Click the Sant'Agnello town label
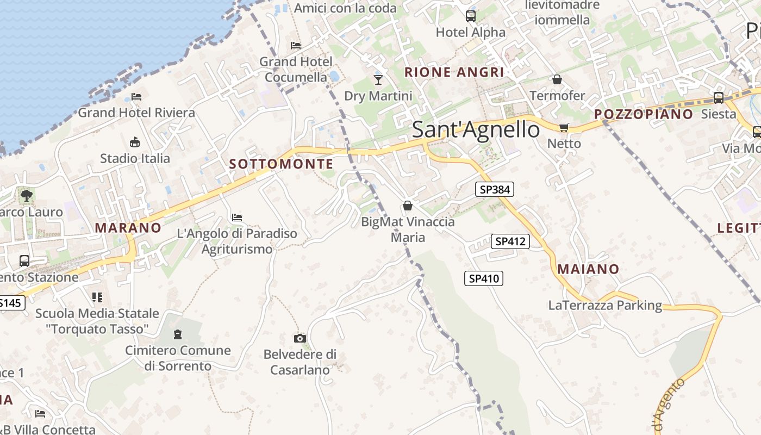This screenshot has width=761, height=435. (476, 130)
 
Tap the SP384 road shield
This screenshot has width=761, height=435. (494, 189)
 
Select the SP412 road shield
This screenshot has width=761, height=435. (510, 241)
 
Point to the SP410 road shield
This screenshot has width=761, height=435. (483, 278)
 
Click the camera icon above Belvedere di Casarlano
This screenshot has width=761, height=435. (300, 338)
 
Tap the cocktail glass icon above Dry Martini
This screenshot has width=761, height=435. (378, 80)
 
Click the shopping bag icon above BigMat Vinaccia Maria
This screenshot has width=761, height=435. (407, 206)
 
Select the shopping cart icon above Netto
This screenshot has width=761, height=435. (564, 127)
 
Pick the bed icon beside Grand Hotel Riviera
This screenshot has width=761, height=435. (136, 97)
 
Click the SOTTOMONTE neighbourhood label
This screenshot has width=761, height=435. (281, 164)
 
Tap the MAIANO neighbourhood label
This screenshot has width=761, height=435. (588, 269)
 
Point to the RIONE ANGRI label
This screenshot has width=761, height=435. (454, 72)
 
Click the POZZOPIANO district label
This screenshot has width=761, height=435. (643, 114)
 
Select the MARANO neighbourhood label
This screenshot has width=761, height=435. (128, 228)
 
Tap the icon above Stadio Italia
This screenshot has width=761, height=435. (135, 142)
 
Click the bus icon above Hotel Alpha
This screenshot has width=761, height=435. (470, 16)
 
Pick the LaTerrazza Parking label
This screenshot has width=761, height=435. (605, 305)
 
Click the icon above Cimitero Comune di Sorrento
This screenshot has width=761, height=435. (178, 334)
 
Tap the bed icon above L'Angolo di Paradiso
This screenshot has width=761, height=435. (236, 217)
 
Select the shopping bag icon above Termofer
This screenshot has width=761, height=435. (557, 80)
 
